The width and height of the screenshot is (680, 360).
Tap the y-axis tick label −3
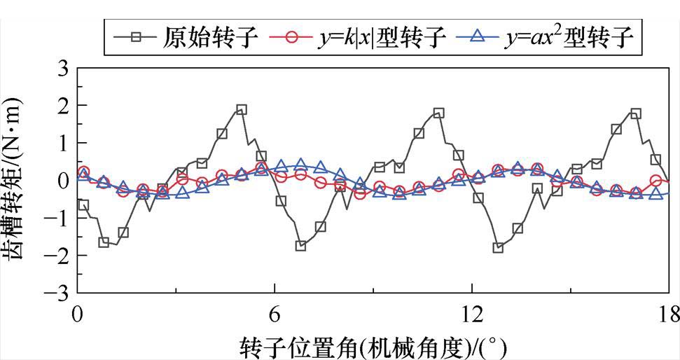pyautogui.click(x=57, y=292)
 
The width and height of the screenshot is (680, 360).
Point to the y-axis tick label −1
pyautogui.click(x=57, y=218)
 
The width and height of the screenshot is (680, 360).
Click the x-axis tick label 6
pyautogui.click(x=275, y=311)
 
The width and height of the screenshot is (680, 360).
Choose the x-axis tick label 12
pyautogui.click(x=472, y=311)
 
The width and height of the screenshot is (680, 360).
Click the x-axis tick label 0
pyautogui.click(x=77, y=311)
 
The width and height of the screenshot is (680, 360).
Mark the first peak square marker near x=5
pyautogui.click(x=242, y=110)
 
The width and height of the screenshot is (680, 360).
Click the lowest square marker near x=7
pyautogui.click(x=301, y=246)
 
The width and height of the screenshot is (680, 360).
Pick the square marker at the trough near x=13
pyautogui.click(x=498, y=247)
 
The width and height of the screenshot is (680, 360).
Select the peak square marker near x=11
pyautogui.click(x=439, y=113)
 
